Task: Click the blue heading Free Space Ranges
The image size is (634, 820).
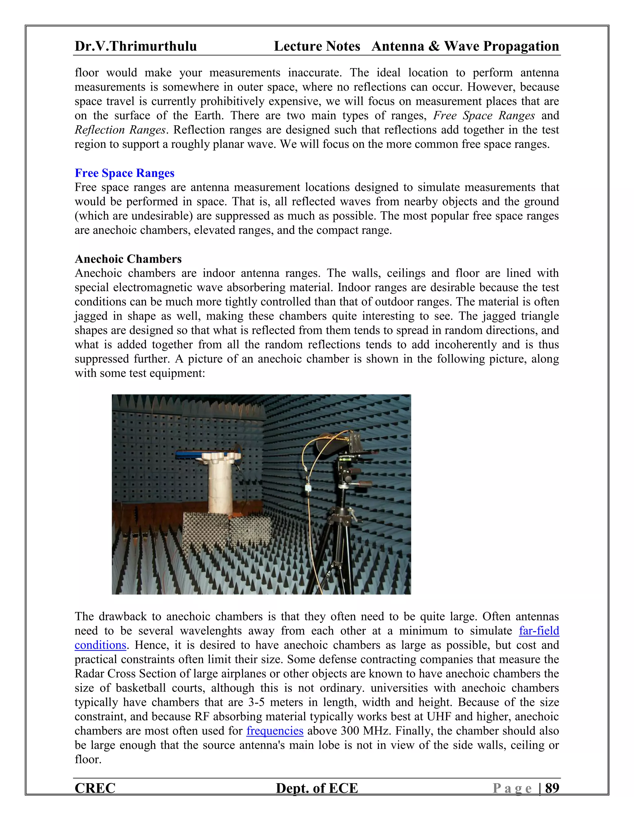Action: click(x=124, y=173)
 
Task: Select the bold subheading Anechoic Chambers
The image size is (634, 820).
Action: click(x=128, y=259)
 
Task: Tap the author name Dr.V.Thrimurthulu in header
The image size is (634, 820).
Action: click(x=136, y=46)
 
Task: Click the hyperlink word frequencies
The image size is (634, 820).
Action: click(x=275, y=731)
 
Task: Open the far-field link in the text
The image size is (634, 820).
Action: click(x=539, y=631)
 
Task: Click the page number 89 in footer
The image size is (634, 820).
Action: click(x=552, y=788)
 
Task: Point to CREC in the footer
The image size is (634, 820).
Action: click(x=95, y=788)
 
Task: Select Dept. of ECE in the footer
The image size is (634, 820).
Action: click(x=317, y=788)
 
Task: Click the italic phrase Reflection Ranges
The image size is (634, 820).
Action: click(x=120, y=130)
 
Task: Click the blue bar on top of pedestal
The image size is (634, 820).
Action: click(x=192, y=455)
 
